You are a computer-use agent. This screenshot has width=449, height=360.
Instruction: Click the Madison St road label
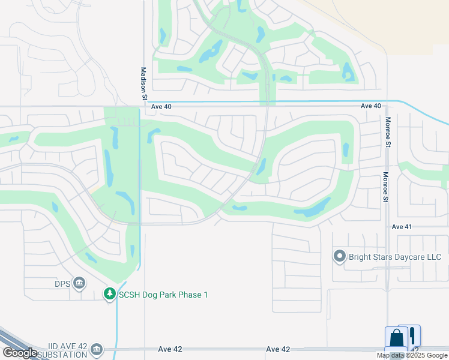point(144,83)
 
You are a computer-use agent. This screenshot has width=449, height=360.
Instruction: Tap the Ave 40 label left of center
point(161,106)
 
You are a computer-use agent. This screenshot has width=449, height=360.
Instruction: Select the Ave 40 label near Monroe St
point(371,106)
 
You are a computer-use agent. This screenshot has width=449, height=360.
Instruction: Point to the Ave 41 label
point(401,227)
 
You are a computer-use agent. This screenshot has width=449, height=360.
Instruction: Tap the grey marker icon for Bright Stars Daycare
point(340,257)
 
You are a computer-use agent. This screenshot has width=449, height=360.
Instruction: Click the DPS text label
point(62,283)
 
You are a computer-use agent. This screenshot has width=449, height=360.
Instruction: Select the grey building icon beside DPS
point(79,283)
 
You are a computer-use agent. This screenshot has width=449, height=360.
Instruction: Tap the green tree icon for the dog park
point(109,294)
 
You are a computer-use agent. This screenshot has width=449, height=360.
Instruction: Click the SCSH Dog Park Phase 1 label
point(163,295)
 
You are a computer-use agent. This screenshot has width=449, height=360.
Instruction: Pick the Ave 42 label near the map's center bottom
point(277,349)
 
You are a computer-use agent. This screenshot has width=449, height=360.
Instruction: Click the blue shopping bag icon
point(396,338)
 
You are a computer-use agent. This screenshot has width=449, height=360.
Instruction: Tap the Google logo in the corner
point(20,353)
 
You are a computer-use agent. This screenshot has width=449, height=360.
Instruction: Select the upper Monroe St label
point(388,133)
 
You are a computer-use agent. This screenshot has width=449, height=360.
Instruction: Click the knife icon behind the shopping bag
point(414,335)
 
